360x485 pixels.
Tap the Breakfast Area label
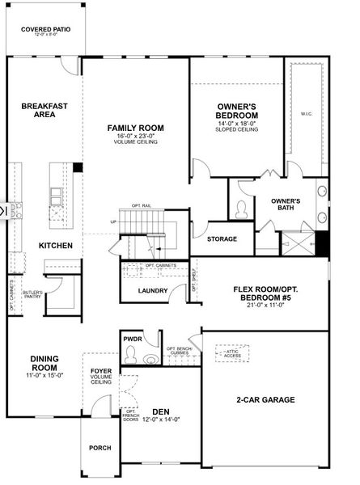pos(44,110)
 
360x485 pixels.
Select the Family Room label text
pos(136,128)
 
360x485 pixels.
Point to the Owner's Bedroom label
pos(237,112)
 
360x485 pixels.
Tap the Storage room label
pos(222,239)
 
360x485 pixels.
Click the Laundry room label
pos(153,291)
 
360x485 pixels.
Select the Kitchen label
pos(56,245)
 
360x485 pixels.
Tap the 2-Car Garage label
pos(265,399)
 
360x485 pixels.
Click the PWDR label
pos(133,339)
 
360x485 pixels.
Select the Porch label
pos(100,447)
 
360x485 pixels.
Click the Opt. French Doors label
pos(130,415)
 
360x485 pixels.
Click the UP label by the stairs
pos(113,222)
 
